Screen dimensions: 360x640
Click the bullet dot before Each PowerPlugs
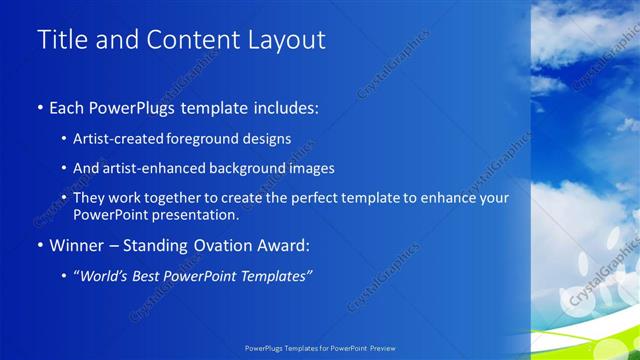(39, 108)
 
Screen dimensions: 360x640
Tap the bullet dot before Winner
(39, 245)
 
